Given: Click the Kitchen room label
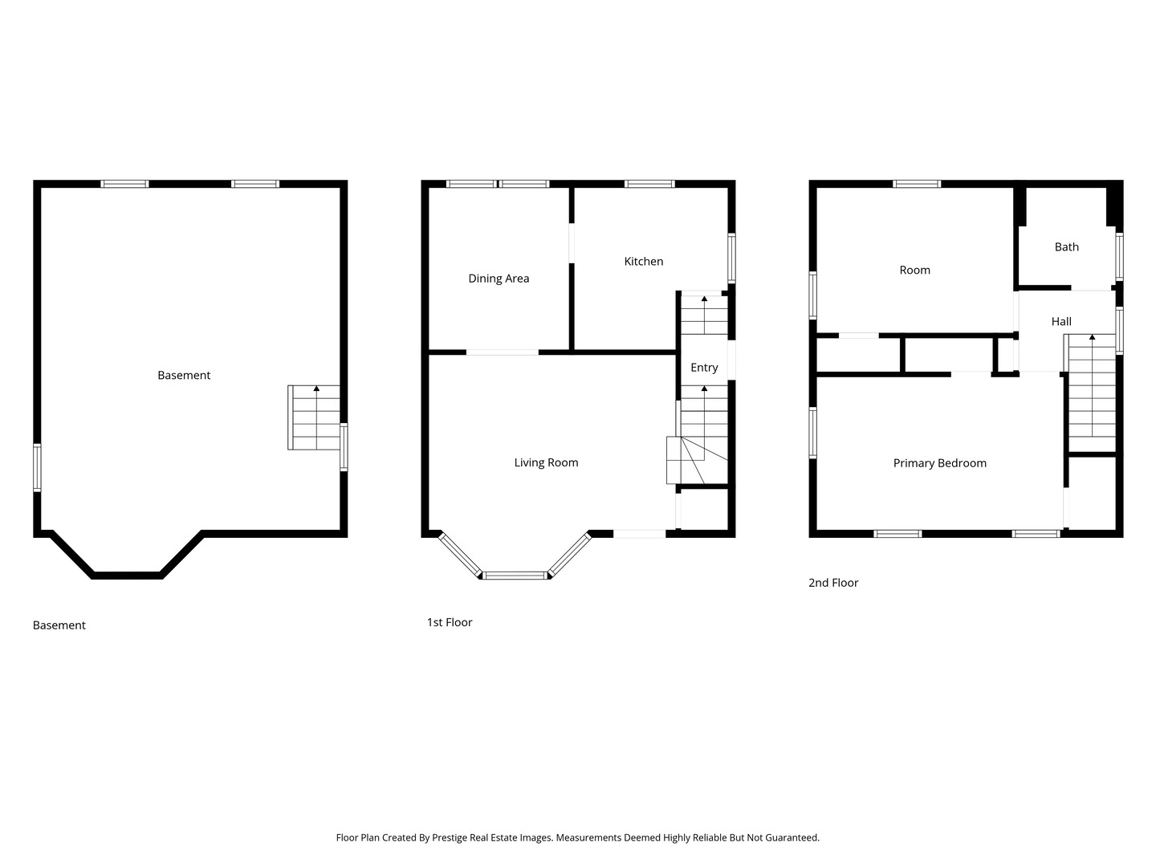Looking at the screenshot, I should coord(643,261).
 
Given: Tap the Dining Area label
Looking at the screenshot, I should coord(499,279).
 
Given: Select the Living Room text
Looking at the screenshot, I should coord(546,462).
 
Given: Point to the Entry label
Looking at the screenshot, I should coord(704,368).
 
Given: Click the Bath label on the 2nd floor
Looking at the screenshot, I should coord(1066,247).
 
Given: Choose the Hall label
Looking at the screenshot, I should coord(1061,321).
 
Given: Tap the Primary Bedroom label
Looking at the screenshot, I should coord(939,463).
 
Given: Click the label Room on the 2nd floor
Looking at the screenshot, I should coord(914,271).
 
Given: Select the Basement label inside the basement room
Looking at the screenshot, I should coord(184,375).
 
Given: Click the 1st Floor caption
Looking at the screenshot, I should coord(450,622).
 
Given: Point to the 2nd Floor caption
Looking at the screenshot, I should coord(833,583).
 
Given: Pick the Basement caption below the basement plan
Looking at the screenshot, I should coord(59,625).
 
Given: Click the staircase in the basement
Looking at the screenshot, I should coord(315,417).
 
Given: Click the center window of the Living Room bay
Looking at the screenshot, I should coord(515,575).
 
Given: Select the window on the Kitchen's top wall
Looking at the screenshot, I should coord(649,184).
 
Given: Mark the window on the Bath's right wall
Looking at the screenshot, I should coord(1119,256).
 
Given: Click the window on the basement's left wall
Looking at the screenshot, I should coord(37,467).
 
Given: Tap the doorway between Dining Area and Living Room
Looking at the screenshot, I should coord(503,352).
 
